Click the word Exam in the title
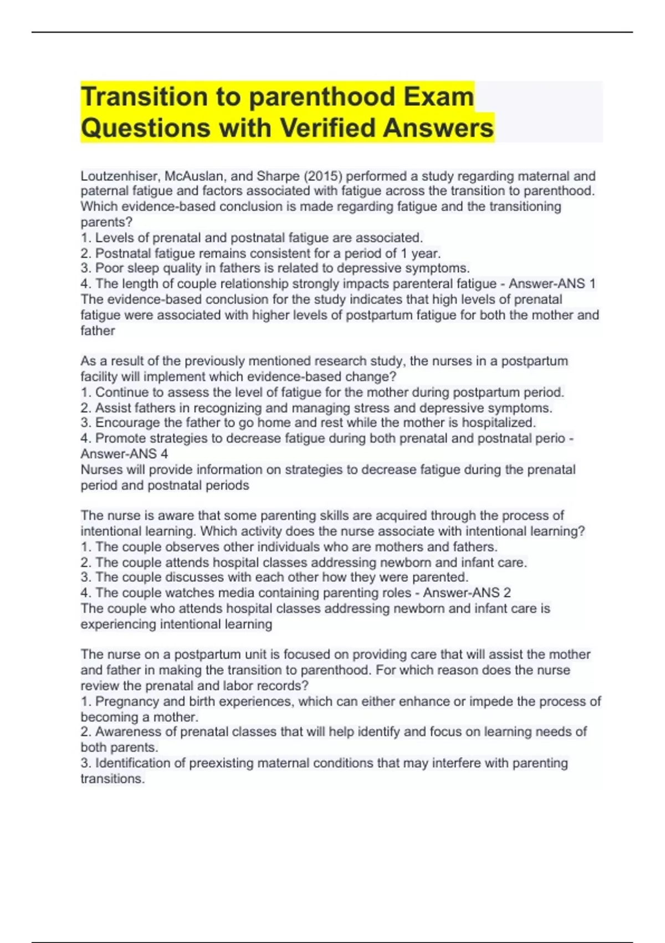point(438,97)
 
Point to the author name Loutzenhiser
point(119,176)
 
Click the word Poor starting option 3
point(108,268)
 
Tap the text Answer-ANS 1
point(552,284)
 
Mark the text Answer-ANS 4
point(124,454)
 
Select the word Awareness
point(126,732)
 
